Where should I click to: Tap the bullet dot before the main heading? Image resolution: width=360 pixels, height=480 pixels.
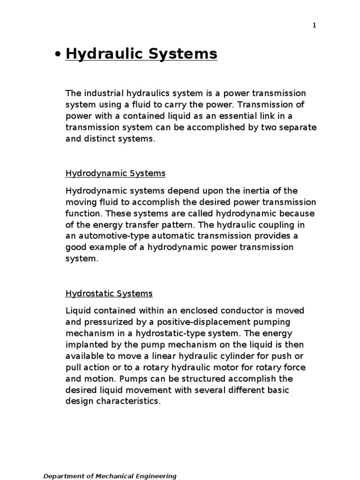coord(58,55)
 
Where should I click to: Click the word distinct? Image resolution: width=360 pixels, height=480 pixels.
coord(101,139)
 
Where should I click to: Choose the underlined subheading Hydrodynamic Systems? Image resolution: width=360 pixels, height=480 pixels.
coord(115,173)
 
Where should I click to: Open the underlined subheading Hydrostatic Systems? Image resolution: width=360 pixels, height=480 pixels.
coord(109,294)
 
